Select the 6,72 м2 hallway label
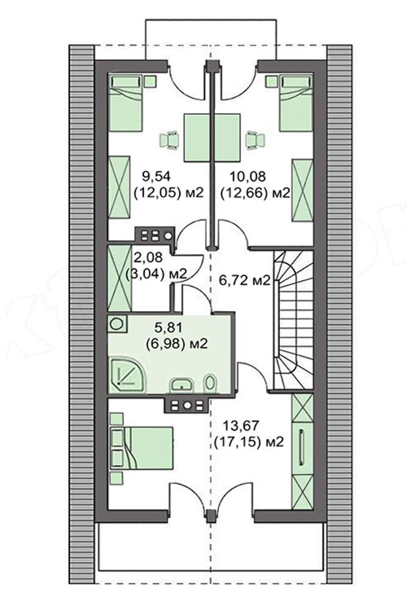tap(244, 280)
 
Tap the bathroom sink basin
tap(181, 384)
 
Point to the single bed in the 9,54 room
tap(126, 103)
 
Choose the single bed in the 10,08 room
tap(296, 103)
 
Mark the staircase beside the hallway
tap(294, 320)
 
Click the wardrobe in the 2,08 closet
tap(120, 277)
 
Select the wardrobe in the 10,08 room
tap(302, 189)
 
